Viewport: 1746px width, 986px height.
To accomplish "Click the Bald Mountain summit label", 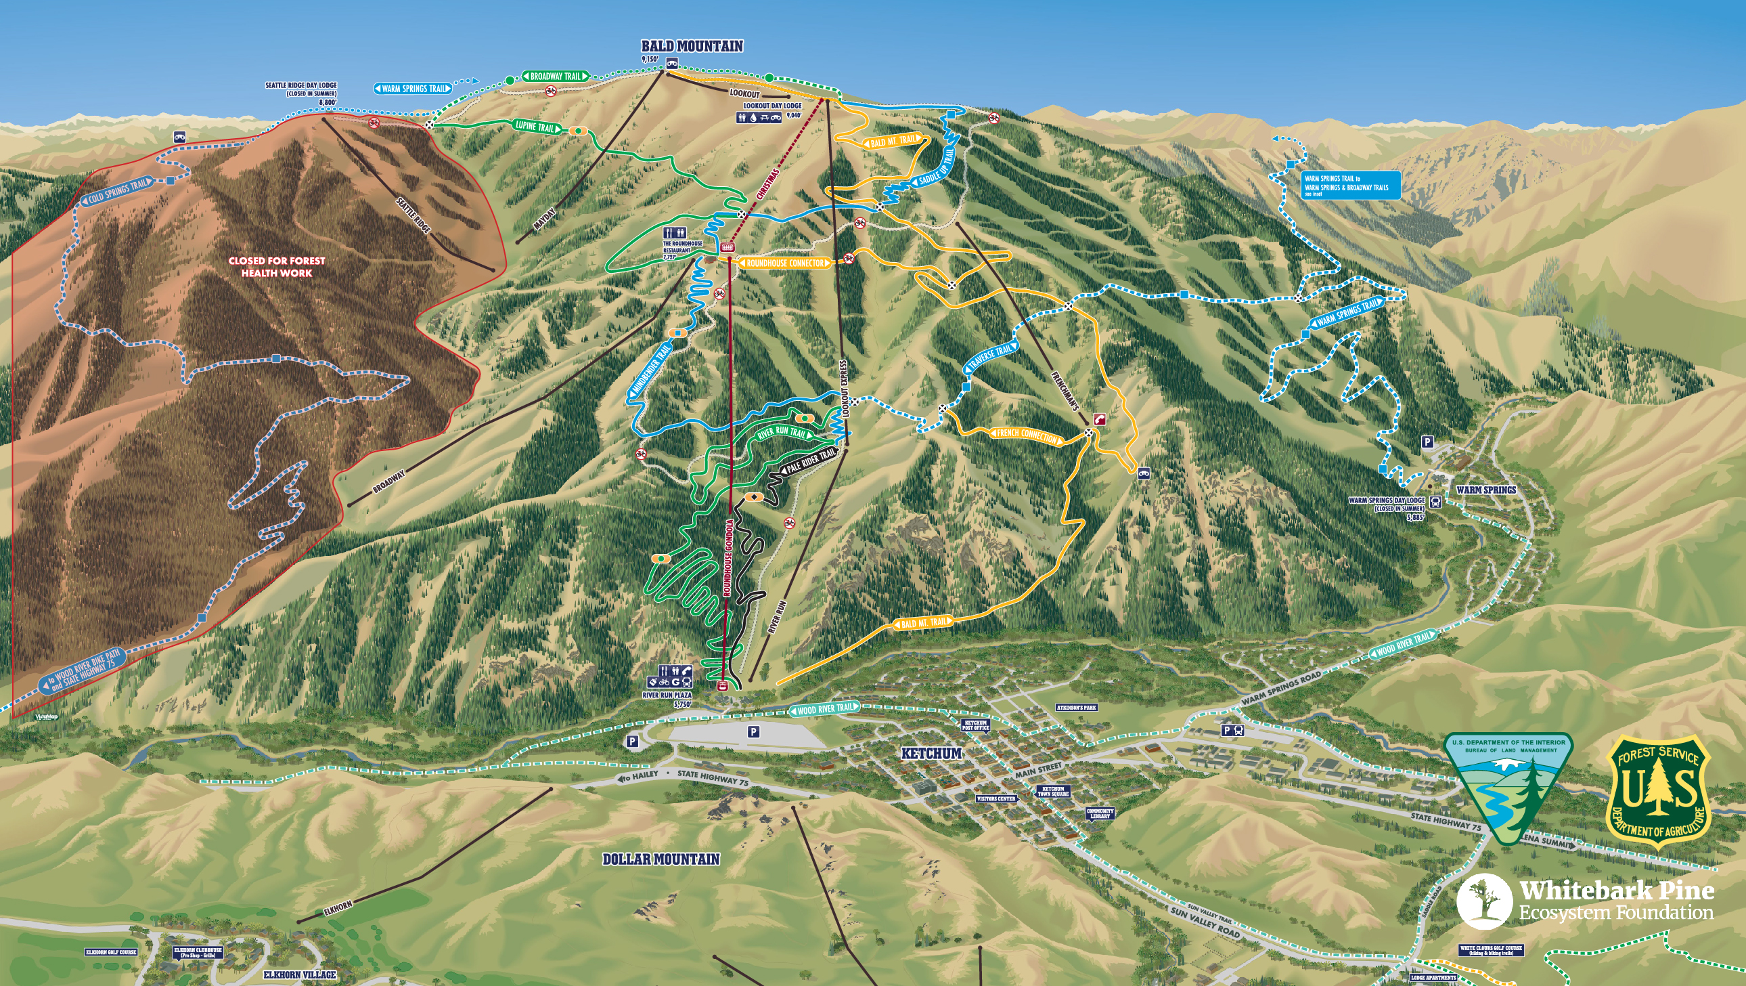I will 692,46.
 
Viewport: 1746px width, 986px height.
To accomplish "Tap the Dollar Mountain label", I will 661,859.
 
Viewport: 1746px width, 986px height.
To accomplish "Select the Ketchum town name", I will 931,754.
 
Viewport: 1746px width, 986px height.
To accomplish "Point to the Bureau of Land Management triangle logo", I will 1508,787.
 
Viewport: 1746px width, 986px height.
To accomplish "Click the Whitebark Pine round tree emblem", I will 1483,901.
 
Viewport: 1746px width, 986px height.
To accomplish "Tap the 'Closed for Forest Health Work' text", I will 277,267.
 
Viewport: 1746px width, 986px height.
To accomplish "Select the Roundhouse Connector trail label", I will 785,263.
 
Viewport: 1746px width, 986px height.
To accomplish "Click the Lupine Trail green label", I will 535,126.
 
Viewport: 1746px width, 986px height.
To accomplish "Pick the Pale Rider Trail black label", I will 810,461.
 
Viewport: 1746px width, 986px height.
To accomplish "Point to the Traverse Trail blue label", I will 991,358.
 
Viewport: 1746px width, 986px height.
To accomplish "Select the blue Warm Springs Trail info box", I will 1351,185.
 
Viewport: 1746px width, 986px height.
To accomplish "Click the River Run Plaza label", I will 668,695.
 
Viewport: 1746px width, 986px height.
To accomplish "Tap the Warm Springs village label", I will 1485,490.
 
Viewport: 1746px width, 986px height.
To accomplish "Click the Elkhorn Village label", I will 300,974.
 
